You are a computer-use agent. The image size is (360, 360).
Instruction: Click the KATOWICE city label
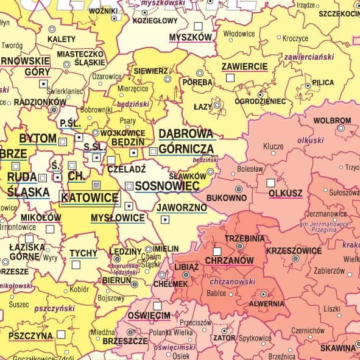click(x=90, y=198)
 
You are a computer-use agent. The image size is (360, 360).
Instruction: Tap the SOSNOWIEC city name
click(x=167, y=186)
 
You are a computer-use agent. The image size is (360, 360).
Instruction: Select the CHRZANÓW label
click(x=231, y=260)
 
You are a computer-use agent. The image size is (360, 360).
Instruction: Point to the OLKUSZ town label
click(x=285, y=194)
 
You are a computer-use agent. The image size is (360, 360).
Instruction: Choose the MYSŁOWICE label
click(x=117, y=217)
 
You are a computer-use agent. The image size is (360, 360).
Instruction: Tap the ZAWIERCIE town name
click(x=244, y=66)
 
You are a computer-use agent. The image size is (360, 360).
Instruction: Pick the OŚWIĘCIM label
click(x=148, y=316)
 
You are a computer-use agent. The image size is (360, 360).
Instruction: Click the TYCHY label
click(x=83, y=253)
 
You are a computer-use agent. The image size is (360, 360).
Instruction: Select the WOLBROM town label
click(x=333, y=120)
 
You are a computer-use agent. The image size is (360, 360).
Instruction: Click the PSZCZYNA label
click(x=30, y=335)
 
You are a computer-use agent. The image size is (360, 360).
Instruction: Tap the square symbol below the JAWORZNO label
click(x=164, y=220)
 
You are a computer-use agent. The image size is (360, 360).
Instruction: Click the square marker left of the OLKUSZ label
click(x=270, y=183)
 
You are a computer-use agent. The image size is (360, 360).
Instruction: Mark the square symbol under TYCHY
click(x=76, y=264)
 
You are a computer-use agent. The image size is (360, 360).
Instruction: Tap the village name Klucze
click(x=273, y=147)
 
